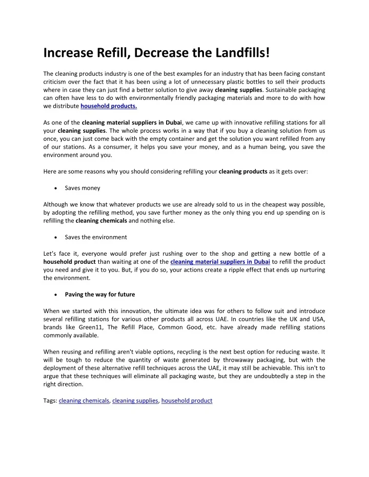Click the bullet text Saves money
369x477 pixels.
[x=83, y=188]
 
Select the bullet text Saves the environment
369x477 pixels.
[x=96, y=237]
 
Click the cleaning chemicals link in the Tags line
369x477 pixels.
[x=84, y=401]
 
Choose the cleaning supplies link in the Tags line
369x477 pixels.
[x=135, y=401]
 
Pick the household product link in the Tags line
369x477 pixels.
[x=187, y=401]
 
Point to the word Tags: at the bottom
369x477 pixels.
[x=50, y=401]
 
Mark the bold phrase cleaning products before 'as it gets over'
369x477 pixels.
[x=242, y=172]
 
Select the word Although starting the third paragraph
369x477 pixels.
[x=56, y=204]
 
